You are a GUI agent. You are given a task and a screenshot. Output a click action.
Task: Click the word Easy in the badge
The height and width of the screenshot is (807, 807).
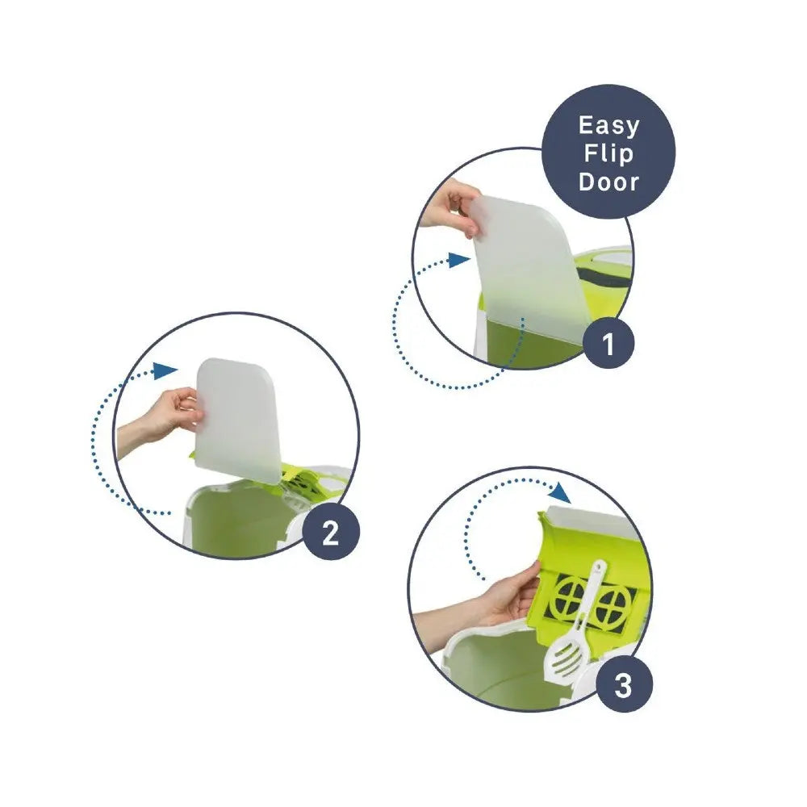click(x=608, y=126)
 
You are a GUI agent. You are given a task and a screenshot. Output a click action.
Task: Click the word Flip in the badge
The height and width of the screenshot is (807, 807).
click(x=608, y=153)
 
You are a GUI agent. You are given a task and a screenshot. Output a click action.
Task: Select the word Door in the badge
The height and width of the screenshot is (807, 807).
click(x=608, y=181)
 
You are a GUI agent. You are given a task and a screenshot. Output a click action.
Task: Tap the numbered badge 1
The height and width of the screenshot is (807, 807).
click(x=608, y=345)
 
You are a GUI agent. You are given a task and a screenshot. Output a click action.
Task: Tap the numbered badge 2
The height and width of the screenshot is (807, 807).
click(x=330, y=534)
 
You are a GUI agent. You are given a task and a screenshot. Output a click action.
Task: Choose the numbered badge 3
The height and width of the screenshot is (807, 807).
click(x=623, y=687)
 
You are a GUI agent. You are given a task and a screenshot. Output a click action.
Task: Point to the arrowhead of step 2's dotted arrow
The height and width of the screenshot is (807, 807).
click(x=165, y=370)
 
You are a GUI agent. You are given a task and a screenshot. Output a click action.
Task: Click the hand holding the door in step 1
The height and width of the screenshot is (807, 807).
click(x=449, y=206)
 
